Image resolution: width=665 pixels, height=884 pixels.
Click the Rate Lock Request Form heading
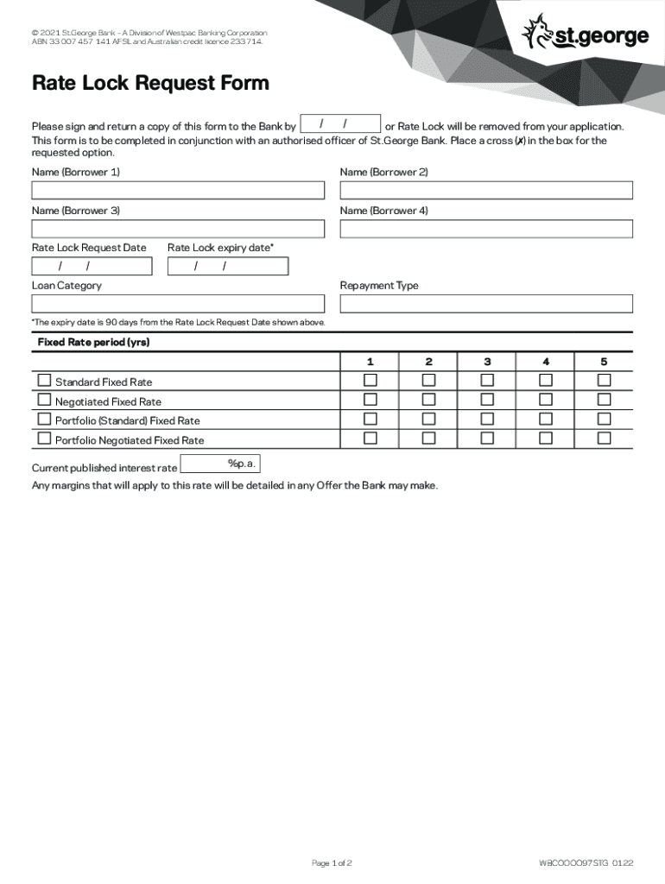click(150, 84)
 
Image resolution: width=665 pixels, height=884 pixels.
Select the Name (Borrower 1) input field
click(178, 190)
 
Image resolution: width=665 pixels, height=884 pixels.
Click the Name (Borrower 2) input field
click(486, 190)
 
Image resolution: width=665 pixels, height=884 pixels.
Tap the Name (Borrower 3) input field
click(178, 229)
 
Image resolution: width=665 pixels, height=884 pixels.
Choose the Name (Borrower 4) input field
click(486, 229)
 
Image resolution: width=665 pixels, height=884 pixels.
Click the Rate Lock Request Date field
click(92, 266)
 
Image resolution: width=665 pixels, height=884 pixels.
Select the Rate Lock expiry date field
click(228, 266)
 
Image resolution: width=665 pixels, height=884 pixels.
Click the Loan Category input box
click(178, 304)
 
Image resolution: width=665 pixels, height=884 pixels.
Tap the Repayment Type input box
click(486, 304)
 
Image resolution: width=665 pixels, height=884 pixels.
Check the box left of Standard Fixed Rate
click(44, 381)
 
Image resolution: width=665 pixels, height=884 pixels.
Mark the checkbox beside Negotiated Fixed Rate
click(44, 400)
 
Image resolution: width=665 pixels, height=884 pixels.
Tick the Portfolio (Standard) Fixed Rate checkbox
click(44, 419)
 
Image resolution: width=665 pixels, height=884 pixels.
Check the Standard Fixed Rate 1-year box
click(370, 381)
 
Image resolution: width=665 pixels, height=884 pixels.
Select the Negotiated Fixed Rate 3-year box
click(487, 400)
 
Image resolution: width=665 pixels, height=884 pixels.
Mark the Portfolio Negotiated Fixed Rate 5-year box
click(605, 439)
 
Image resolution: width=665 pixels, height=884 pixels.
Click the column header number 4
click(546, 361)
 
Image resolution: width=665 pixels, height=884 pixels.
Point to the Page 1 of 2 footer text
click(332, 862)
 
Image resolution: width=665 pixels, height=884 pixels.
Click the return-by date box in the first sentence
click(340, 124)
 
